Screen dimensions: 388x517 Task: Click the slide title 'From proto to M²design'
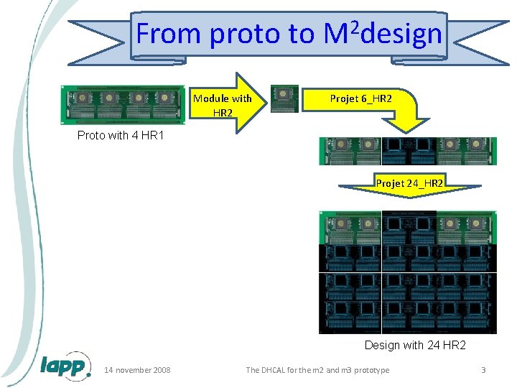tap(289, 34)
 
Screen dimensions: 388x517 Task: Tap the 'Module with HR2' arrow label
tap(223, 105)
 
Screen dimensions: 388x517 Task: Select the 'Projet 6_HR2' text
tap(360, 98)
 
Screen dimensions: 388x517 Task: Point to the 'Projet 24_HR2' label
tap(409, 184)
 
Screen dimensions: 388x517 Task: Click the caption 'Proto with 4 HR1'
tap(121, 136)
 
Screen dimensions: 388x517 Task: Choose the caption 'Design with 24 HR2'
tap(414, 345)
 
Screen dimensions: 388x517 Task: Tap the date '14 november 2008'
tap(137, 370)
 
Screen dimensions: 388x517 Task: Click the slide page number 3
tap(483, 370)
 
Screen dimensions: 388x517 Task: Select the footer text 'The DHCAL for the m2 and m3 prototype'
tap(317, 370)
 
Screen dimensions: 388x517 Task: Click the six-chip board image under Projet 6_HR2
tap(407, 151)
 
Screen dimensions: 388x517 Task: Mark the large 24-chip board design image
tap(407, 272)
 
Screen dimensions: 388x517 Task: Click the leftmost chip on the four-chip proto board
tap(81, 98)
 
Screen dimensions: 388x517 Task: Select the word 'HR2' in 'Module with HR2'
tap(223, 113)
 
